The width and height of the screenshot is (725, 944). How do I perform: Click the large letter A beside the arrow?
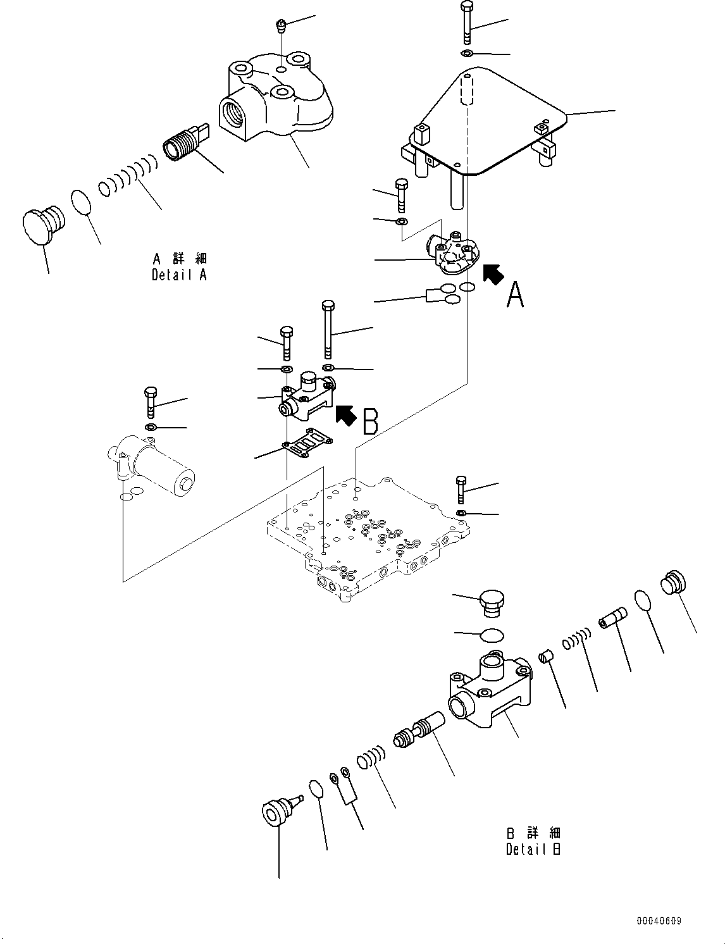[515, 295]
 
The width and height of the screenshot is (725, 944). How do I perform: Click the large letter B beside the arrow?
[370, 421]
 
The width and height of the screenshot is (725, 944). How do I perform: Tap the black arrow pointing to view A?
[493, 274]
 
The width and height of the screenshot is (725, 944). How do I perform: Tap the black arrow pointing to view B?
[345, 414]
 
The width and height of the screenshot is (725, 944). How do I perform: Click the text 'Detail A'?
[179, 275]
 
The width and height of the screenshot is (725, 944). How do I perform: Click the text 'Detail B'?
[533, 850]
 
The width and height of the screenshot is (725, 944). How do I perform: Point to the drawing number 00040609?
[659, 922]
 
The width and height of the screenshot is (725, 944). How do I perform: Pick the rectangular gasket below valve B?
[309, 442]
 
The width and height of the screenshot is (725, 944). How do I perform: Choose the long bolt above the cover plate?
[466, 23]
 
